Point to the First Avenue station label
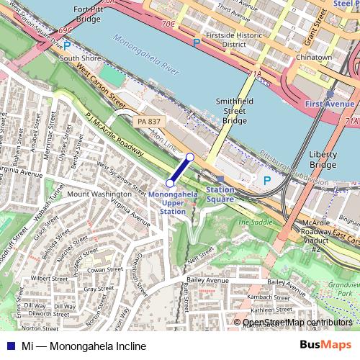click(329, 104)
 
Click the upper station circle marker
click(170, 183)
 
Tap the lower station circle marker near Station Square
click(190, 157)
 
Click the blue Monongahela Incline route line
click(180, 170)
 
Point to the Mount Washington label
click(99, 194)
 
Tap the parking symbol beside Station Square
click(267, 180)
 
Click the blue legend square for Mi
click(9, 346)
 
